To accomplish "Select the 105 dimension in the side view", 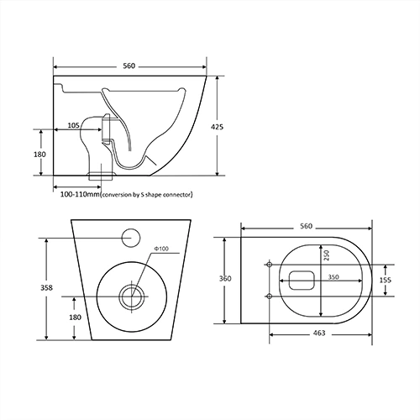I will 74,126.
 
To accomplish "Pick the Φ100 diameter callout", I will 161,249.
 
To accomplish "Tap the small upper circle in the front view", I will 131,237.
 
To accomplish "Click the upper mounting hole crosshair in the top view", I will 269,265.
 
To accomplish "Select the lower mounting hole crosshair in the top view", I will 269,296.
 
